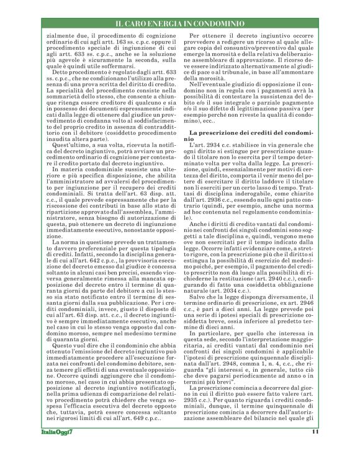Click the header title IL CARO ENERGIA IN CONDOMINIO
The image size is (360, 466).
click(x=180, y=23)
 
